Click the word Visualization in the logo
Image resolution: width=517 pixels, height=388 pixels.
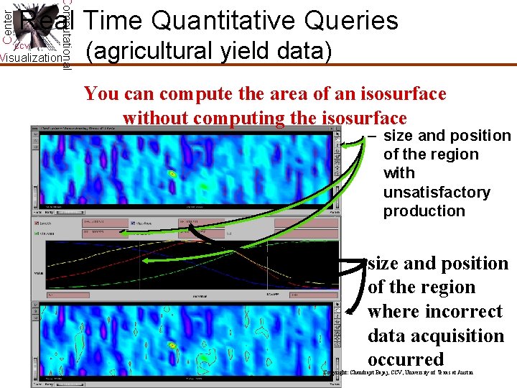[x=30, y=58]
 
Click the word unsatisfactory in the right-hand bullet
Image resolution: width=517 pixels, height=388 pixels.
[x=437, y=193]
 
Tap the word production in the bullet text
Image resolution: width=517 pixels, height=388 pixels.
[x=424, y=211]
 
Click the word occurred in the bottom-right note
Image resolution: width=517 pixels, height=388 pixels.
[x=406, y=360]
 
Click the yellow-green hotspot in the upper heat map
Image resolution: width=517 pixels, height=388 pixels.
[x=172, y=174]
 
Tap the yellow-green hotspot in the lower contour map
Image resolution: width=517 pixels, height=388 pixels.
[x=172, y=346]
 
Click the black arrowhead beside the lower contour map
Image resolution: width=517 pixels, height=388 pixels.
[x=348, y=312]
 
